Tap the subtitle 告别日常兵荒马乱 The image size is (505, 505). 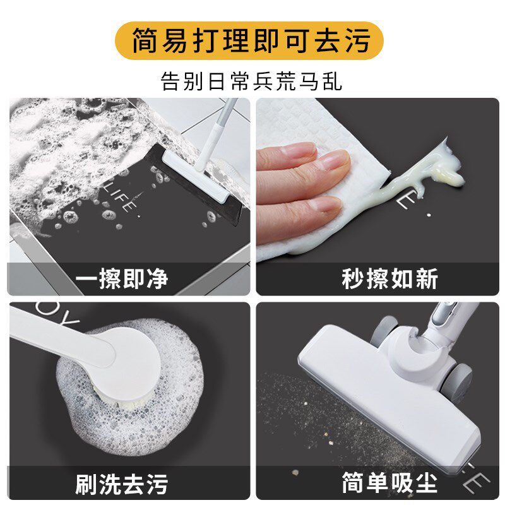(x=252, y=81)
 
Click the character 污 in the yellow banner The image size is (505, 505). (x=362, y=41)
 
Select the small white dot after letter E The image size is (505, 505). (x=429, y=214)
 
